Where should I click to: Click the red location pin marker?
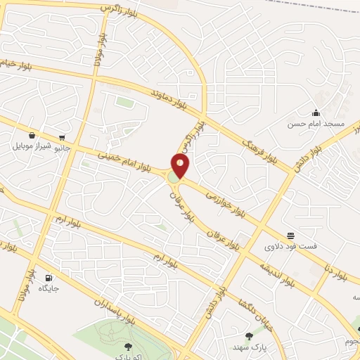[181, 166]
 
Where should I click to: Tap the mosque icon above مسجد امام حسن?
[316, 113]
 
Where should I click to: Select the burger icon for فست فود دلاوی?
[290, 235]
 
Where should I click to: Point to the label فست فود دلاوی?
[290, 246]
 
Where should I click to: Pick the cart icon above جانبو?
[63, 138]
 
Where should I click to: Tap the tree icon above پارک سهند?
[249, 336]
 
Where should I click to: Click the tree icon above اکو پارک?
[127, 346]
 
